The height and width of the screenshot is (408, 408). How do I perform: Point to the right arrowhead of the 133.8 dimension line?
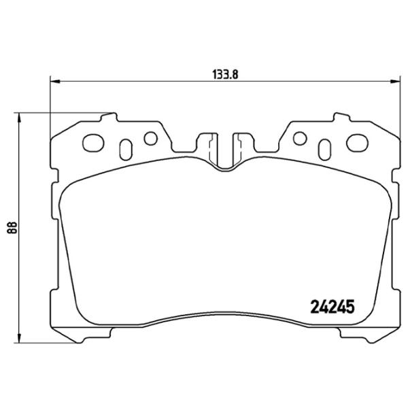[395, 82]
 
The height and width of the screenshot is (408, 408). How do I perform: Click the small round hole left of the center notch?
[150, 139]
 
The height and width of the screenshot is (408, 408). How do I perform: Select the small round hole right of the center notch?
[299, 139]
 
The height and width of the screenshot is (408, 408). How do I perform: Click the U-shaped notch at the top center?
[224, 151]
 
